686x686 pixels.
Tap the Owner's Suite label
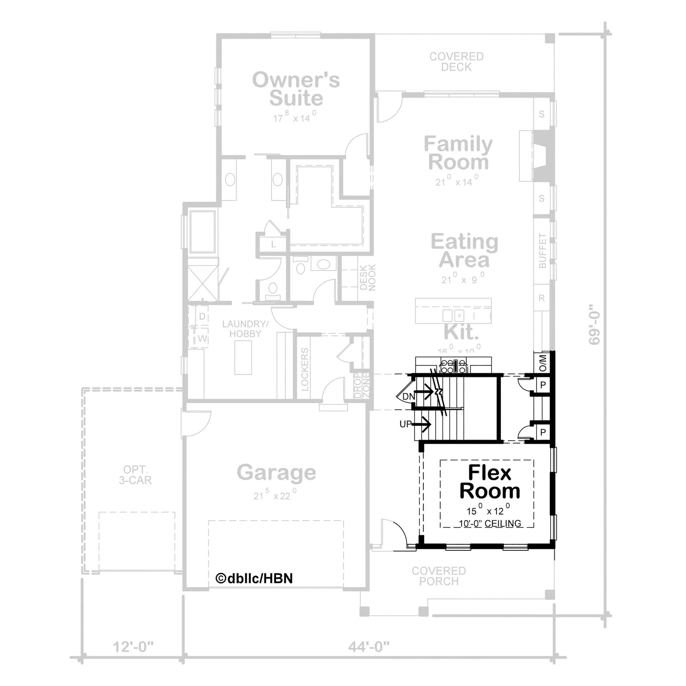(296, 89)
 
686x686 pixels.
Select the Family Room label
(458, 153)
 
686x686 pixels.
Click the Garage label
(276, 473)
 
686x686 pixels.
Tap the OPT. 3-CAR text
(135, 475)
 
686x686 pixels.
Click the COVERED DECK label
(456, 62)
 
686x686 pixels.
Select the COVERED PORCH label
(438, 576)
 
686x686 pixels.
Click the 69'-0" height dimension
(594, 324)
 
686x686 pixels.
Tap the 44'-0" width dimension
(368, 647)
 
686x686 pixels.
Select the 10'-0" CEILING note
(490, 524)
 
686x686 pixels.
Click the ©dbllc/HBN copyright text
(254, 578)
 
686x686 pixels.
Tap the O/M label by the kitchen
(543, 363)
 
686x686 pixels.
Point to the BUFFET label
(542, 250)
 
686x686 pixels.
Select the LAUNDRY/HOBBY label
(245, 329)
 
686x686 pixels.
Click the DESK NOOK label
(367, 278)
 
